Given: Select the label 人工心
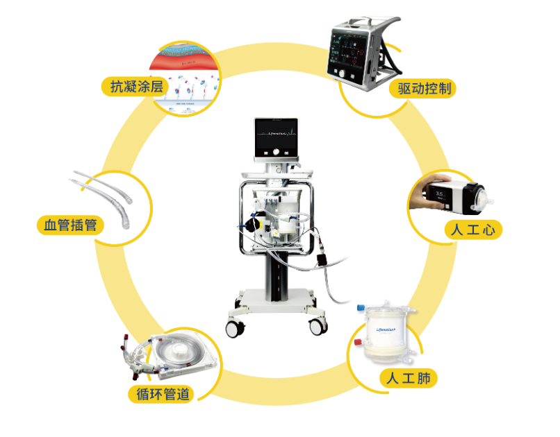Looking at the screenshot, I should [x=472, y=230].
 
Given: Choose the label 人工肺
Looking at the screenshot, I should [x=409, y=379].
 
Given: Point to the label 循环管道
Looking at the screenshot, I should [x=160, y=394].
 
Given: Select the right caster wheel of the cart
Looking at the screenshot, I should [x=318, y=323].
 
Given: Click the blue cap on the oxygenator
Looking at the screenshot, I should [x=361, y=306].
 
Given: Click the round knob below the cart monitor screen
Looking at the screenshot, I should [x=281, y=152].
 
